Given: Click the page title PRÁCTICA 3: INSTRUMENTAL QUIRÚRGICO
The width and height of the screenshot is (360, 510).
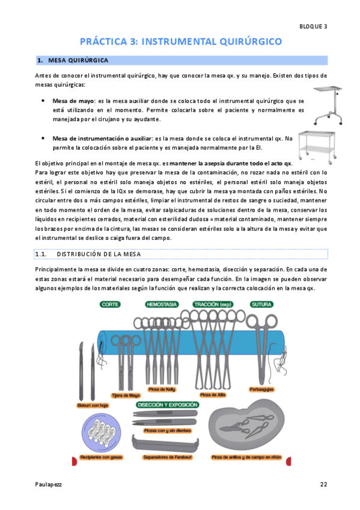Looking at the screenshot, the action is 181,41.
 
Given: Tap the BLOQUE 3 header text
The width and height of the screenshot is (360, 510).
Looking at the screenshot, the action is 313,26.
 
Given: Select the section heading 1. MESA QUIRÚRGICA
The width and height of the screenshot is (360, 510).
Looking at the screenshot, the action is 73,60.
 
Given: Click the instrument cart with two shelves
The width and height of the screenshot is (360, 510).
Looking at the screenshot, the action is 317,147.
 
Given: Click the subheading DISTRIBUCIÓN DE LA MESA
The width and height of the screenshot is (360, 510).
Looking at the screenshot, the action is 99,254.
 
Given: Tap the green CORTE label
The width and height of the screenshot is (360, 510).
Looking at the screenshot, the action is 110,304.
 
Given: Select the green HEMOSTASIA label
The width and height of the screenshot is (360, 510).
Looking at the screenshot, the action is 162,304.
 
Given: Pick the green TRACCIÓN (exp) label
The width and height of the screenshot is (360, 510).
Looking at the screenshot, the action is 213,304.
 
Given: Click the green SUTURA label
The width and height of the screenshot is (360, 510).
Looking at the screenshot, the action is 261,304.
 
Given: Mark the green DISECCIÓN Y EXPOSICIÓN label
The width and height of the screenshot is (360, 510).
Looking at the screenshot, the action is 167,405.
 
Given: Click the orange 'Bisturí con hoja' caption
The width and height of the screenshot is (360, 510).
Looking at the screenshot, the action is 93,405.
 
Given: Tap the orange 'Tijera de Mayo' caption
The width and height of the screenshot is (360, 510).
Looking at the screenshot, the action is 126,396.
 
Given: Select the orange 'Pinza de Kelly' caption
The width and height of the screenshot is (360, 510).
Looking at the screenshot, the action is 162,389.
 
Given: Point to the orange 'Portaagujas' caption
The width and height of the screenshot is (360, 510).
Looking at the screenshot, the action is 261,389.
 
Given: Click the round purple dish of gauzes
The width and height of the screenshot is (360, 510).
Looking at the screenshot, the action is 102,433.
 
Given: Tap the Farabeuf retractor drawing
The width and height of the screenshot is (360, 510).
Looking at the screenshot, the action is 165,444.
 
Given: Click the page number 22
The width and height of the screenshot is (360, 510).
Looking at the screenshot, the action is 323,484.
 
